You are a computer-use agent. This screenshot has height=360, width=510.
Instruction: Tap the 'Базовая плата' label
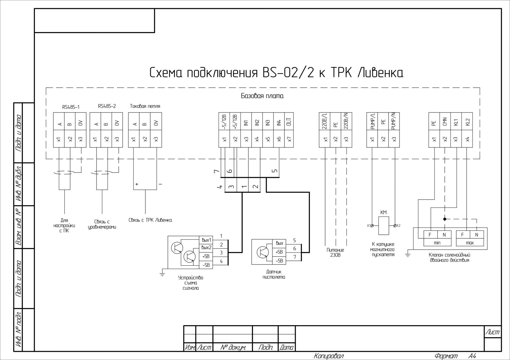[x=262, y=96]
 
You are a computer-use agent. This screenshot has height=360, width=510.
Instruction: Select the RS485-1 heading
[x=71, y=107]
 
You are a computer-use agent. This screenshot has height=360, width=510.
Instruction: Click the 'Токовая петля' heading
[x=145, y=106]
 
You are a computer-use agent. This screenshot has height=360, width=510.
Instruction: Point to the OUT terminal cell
[x=288, y=122]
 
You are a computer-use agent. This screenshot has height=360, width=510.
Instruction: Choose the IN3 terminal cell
[x=267, y=122]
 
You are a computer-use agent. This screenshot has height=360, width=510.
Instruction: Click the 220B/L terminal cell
[x=325, y=122]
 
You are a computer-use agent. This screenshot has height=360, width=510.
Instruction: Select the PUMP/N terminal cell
[x=394, y=122]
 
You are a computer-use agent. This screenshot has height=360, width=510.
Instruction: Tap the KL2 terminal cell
[x=467, y=122]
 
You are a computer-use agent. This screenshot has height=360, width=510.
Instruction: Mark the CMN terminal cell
[x=445, y=122]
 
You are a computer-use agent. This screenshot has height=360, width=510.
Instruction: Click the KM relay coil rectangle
[x=383, y=226]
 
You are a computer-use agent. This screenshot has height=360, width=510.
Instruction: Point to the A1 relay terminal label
[x=369, y=226]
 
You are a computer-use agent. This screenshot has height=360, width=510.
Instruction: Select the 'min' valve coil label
[x=437, y=243]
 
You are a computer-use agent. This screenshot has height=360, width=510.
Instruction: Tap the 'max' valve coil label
[x=470, y=243]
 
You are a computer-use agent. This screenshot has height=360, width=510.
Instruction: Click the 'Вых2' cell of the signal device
[x=206, y=247]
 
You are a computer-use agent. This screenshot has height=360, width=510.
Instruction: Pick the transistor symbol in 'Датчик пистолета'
[x=262, y=252]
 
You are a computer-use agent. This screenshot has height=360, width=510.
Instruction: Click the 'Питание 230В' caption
[x=335, y=252]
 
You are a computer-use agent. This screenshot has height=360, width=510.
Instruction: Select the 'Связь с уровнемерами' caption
[x=102, y=224]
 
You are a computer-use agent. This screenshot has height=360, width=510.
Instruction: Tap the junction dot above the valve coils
[x=445, y=219]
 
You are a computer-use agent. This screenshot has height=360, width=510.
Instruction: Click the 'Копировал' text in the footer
[x=329, y=356]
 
